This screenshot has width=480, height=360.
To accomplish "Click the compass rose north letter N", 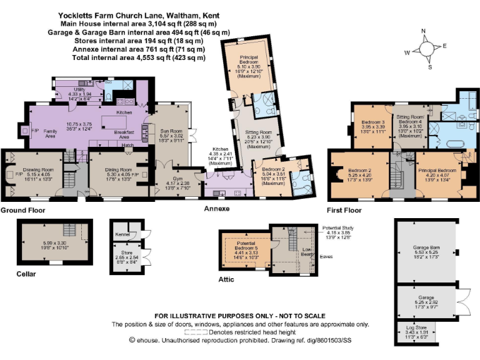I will point(423,31).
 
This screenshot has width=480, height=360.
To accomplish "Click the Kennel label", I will point(122,235).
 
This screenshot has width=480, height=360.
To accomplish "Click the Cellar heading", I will point(27,274).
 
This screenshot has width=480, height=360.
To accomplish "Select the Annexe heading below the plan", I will point(216,209).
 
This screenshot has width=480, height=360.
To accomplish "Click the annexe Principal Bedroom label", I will point(253,61).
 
